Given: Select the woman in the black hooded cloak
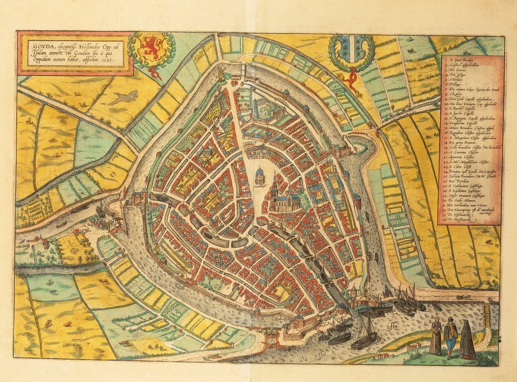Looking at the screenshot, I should point(467,340).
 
